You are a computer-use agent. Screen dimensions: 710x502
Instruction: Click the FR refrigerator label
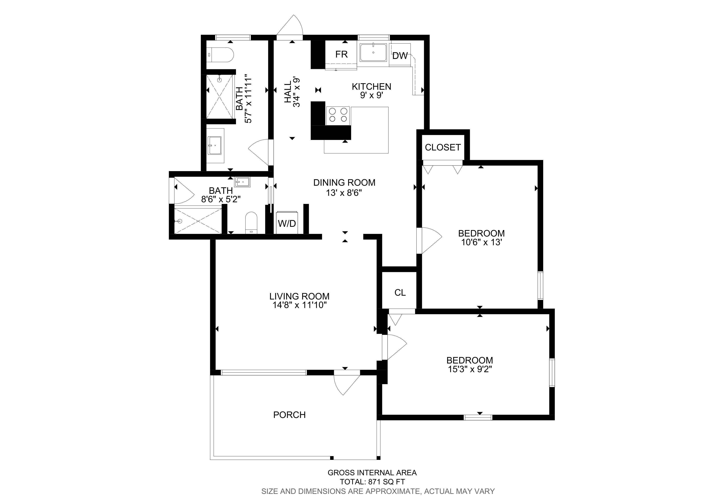(x=341, y=54)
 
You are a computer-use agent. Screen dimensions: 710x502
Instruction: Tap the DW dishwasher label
(x=400, y=56)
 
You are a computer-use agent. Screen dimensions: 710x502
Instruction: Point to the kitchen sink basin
(x=373, y=53)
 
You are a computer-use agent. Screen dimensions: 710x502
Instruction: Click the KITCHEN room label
(x=371, y=87)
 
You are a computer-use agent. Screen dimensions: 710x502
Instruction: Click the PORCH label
(x=289, y=415)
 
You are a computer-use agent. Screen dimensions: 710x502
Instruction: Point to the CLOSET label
(x=443, y=148)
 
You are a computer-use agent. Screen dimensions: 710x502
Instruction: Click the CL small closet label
(x=400, y=293)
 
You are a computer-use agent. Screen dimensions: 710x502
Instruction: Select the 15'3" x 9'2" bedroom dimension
(x=470, y=369)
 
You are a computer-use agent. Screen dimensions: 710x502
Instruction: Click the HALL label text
(x=288, y=92)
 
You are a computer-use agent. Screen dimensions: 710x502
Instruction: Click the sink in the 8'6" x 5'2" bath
(x=242, y=182)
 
